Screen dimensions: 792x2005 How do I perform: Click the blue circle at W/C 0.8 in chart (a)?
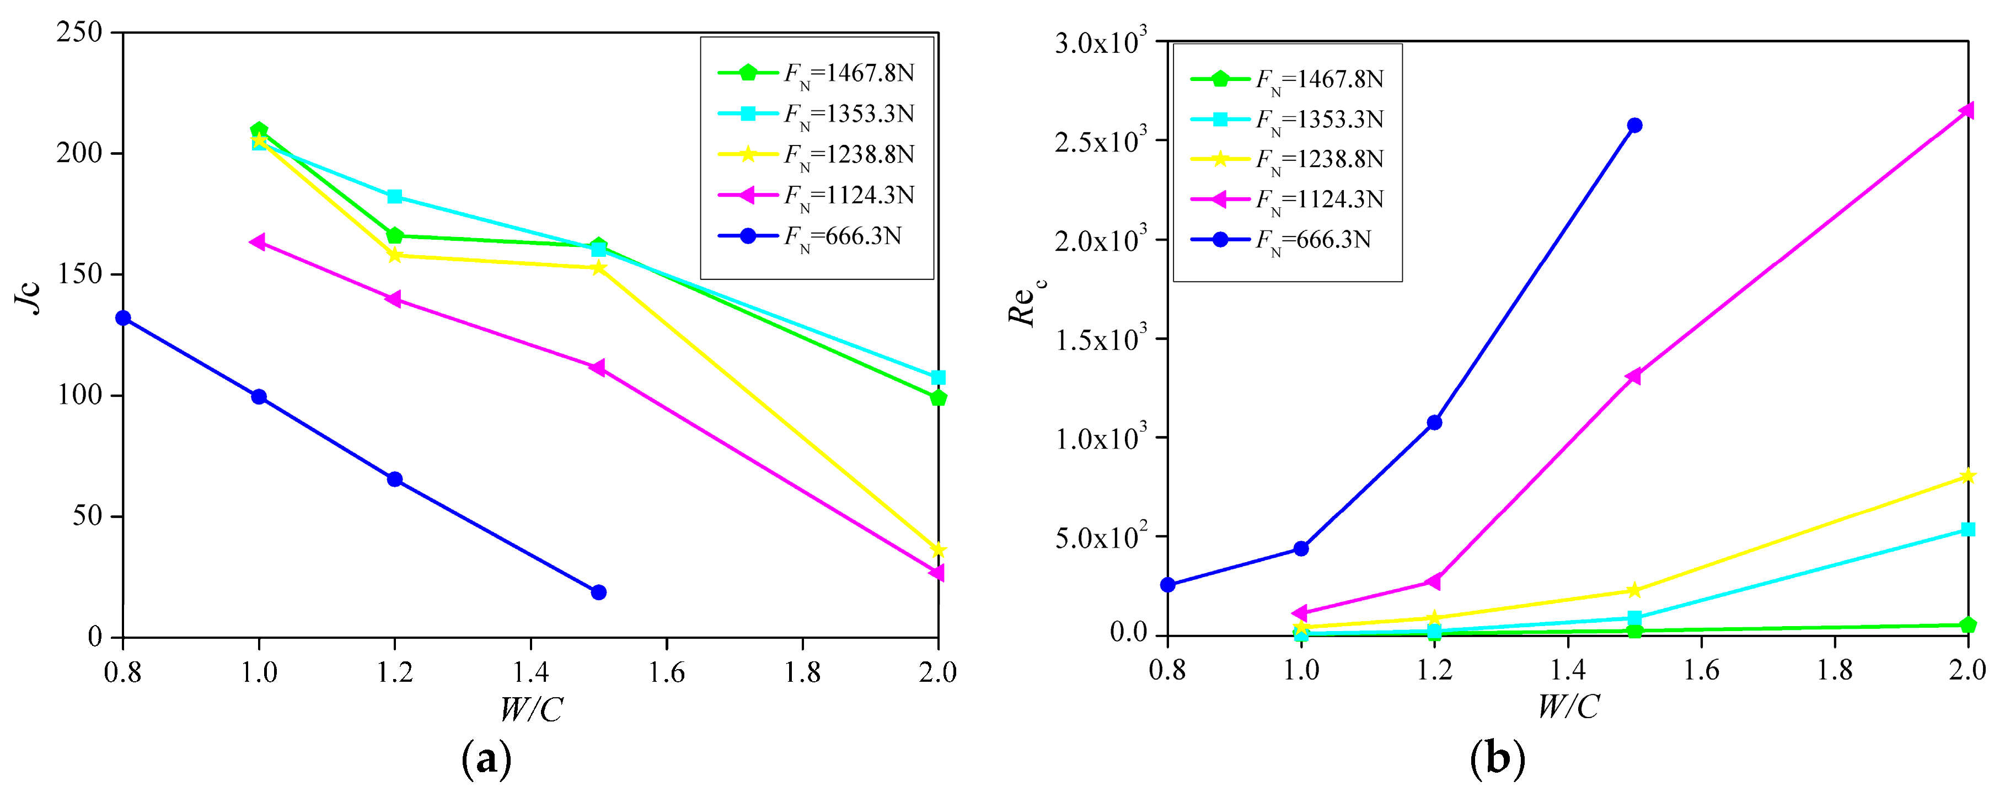click(x=123, y=318)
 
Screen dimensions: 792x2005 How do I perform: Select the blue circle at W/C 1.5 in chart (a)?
click(x=598, y=592)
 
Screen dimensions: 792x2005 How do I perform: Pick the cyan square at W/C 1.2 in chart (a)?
click(x=395, y=196)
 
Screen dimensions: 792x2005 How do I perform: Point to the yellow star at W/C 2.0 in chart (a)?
click(x=938, y=550)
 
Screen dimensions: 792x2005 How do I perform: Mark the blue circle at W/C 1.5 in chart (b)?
click(x=1634, y=125)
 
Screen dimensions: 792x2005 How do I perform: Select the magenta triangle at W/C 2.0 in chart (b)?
click(x=1967, y=110)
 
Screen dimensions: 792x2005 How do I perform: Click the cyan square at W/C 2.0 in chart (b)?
click(x=1968, y=530)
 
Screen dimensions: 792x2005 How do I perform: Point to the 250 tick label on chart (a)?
click(x=79, y=33)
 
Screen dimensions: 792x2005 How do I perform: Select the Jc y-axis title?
click(x=30, y=295)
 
